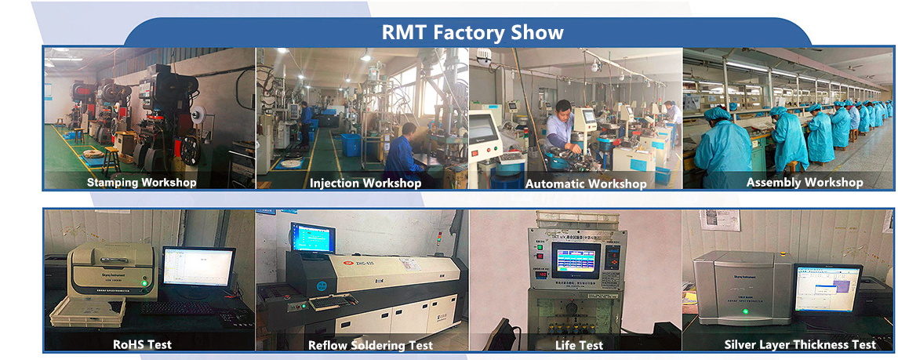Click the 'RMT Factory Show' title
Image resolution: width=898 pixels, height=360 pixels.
click(472, 32)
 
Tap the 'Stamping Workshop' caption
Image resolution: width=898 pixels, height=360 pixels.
click(142, 182)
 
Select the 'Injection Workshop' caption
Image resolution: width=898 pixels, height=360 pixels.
click(365, 183)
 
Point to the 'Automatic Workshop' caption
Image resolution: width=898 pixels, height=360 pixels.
click(585, 184)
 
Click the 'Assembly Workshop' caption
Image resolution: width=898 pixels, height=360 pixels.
click(805, 182)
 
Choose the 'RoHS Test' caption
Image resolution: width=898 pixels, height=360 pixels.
click(143, 344)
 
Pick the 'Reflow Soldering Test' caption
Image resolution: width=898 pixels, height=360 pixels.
click(370, 345)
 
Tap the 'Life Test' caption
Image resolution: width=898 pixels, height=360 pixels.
click(580, 345)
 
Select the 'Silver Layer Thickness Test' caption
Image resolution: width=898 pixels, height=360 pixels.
click(800, 344)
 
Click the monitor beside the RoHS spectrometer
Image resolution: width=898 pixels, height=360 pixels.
click(198, 267)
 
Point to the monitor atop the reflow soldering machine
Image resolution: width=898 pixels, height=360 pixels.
click(312, 238)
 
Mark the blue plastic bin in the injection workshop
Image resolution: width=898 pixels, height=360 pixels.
click(351, 144)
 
